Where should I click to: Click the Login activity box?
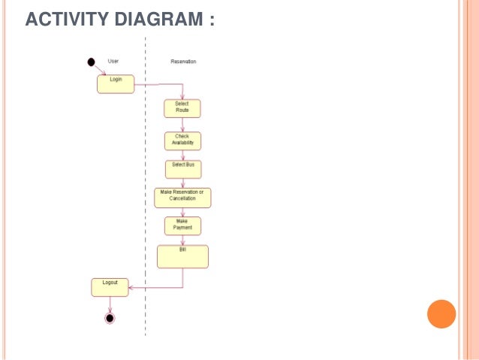point(115,83)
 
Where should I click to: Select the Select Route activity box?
point(182,108)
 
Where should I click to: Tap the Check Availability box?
point(182,141)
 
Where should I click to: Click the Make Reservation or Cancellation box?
point(182,197)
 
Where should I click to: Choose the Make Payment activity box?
point(182,225)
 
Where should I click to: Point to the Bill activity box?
point(182,256)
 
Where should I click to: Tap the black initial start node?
point(92,62)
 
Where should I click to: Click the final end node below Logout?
point(110,318)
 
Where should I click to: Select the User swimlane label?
point(113,62)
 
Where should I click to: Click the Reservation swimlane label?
point(182,62)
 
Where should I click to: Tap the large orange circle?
point(441,313)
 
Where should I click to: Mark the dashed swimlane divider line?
point(145,188)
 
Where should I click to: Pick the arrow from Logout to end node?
point(110,304)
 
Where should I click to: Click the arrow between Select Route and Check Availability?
point(182,125)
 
